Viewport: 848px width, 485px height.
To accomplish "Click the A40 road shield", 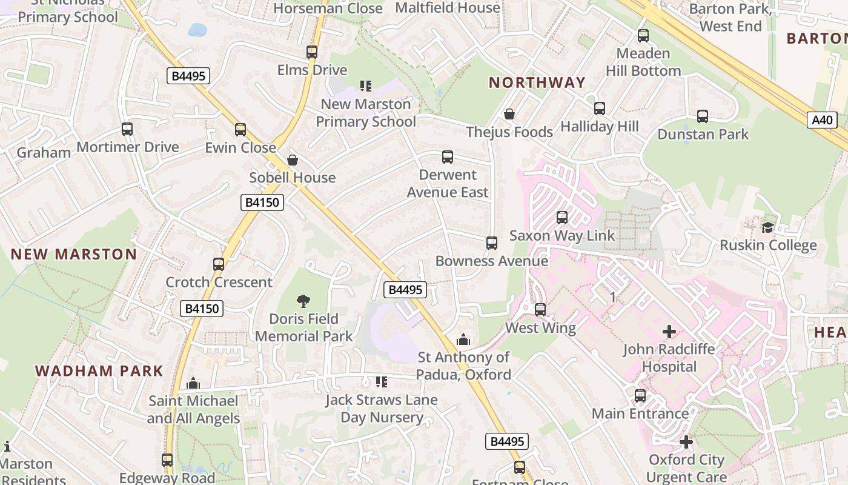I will pyautogui.click(x=822, y=119).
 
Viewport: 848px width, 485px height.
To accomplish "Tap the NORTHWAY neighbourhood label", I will pyautogui.click(x=537, y=82).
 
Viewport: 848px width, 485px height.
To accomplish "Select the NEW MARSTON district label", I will pyautogui.click(x=74, y=254).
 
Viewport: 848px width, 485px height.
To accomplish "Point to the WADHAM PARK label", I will pyautogui.click(x=99, y=370).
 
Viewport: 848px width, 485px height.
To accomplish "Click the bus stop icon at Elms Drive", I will pyautogui.click(x=312, y=52).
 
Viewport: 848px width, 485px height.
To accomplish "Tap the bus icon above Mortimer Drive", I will pyautogui.click(x=127, y=129).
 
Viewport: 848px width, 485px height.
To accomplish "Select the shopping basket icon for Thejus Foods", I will pyautogui.click(x=509, y=114).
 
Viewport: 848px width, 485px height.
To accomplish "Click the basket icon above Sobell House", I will pyautogui.click(x=293, y=160).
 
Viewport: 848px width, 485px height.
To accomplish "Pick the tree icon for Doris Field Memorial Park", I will pyautogui.click(x=303, y=301).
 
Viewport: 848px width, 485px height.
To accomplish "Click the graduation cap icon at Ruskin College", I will pyautogui.click(x=767, y=227).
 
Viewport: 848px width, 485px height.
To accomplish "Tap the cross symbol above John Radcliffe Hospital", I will pyautogui.click(x=669, y=332).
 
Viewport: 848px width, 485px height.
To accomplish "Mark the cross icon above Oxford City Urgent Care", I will pyautogui.click(x=686, y=442).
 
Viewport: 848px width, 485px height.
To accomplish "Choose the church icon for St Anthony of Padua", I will pyautogui.click(x=463, y=339).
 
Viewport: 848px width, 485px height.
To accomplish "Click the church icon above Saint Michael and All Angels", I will pyautogui.click(x=193, y=383).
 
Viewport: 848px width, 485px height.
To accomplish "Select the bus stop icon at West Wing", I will pyautogui.click(x=540, y=310).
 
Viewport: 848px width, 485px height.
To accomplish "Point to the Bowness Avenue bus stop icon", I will pyautogui.click(x=492, y=243).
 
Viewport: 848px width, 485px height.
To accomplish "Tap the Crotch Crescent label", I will pyautogui.click(x=219, y=282).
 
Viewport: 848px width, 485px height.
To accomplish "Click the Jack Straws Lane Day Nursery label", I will pyautogui.click(x=382, y=409).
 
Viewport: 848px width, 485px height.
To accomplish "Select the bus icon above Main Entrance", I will pyautogui.click(x=640, y=396).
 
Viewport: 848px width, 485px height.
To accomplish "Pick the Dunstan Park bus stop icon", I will pyautogui.click(x=703, y=116).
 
